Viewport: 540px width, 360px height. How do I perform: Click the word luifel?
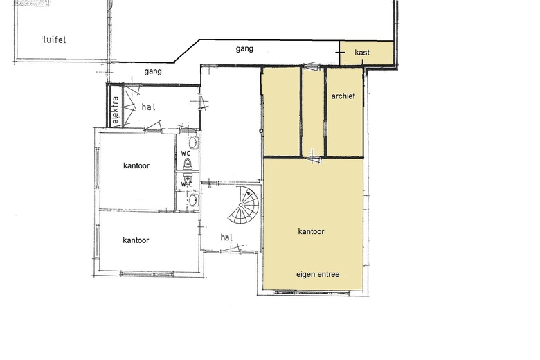[55, 39]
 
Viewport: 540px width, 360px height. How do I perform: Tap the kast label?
[362, 53]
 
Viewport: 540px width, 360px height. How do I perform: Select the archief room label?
[343, 96]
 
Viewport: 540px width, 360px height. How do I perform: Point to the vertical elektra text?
[116, 110]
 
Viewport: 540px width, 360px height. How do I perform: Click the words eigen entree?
[318, 274]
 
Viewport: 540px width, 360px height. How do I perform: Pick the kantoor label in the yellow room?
[311, 231]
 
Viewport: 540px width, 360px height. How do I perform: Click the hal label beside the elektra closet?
[148, 107]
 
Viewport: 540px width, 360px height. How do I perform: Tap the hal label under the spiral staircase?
[226, 237]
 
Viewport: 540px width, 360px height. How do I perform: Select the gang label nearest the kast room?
[244, 48]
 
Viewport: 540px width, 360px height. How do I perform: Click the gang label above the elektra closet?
[153, 71]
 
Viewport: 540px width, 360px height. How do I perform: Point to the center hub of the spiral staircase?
[241, 206]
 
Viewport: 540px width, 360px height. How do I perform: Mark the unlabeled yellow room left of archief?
[281, 111]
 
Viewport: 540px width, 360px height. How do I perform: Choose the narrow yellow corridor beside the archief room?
[313, 111]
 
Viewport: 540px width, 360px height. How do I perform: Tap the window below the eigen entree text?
[312, 293]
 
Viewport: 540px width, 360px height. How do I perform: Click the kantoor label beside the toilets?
[136, 165]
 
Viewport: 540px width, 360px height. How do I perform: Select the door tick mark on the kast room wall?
[340, 53]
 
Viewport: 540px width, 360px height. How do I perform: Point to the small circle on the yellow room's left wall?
[261, 131]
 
